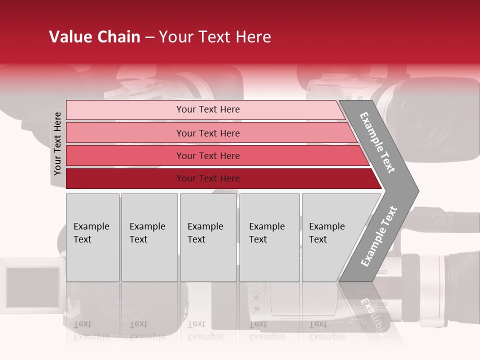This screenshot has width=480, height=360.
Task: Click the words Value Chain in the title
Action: point(94,37)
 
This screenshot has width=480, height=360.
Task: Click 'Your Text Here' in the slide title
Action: point(215,37)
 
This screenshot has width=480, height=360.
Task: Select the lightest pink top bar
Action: point(125,110)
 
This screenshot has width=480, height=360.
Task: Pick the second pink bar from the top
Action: point(125,133)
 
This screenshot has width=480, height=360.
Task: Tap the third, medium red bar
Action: point(125,155)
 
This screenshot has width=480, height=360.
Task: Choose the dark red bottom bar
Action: point(125,178)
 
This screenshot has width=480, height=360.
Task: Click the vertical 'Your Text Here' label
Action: point(57,143)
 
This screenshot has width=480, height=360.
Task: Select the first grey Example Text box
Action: point(92,237)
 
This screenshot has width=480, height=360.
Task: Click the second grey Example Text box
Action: point(149,237)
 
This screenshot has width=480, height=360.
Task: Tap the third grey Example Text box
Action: point(208,237)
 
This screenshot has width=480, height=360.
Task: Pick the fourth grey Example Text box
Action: point(269,237)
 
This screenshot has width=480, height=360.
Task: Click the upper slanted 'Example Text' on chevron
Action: point(377,142)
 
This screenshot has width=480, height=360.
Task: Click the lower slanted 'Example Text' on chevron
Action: point(379,236)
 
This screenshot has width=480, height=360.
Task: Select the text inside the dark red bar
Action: point(208,178)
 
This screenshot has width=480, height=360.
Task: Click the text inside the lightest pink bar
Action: point(208,109)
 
